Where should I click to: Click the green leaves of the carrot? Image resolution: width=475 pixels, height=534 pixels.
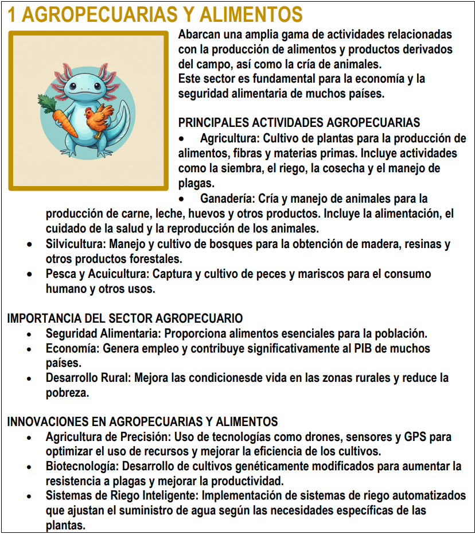(49, 103)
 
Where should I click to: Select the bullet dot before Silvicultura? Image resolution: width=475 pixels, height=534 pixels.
(29, 244)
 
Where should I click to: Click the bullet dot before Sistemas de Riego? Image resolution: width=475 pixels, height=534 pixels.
(29, 496)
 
